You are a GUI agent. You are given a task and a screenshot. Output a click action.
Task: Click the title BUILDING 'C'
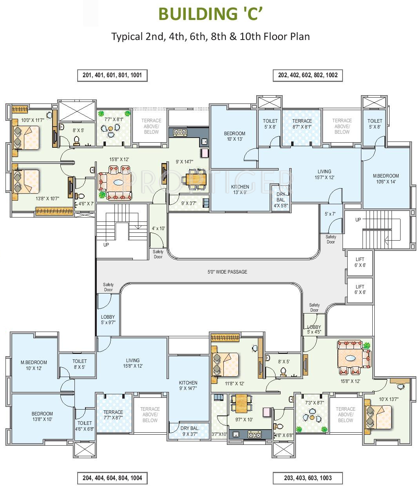coord(210,14)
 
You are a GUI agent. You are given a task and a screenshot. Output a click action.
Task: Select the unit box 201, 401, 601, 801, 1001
coord(112,75)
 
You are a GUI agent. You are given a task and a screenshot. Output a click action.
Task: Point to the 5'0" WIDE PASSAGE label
coord(227,272)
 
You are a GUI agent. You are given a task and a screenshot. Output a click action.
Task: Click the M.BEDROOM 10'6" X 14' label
coord(386,179)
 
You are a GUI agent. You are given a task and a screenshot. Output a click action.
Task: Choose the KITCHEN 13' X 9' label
coord(240,190)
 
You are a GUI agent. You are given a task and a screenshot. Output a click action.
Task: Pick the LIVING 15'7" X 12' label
coord(325,174)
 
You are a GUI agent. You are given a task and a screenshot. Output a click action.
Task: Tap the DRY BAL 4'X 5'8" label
coord(281,200)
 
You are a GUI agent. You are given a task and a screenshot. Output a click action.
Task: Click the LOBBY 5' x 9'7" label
coord(108,320)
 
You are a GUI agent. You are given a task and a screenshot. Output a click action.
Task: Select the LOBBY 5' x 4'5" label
coord(314,330)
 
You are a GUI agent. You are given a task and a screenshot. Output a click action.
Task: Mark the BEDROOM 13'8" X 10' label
coord(42,416)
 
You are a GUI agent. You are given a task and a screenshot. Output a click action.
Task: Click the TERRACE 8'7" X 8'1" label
coord(302,124)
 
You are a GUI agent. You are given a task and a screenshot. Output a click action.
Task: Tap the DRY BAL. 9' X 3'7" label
coord(190,431)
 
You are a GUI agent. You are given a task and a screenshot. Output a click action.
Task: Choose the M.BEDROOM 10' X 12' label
coord(34,365)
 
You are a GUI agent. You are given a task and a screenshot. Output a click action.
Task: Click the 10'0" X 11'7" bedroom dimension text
coord(33,120)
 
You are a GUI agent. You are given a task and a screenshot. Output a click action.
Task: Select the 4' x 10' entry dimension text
coord(158,228)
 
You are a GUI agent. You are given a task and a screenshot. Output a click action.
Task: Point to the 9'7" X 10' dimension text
coord(244,419)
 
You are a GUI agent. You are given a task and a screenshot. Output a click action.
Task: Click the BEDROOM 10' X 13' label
coord(235,136)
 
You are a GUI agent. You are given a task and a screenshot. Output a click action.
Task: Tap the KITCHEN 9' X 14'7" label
coord(188,386)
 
